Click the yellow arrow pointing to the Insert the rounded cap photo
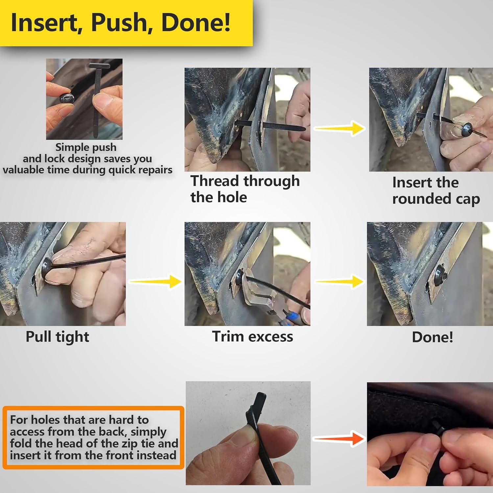click(340, 128)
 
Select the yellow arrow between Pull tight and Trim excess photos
click(155, 281)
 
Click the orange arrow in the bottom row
click(339, 438)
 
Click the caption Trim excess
click(252, 337)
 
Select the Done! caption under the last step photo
click(433, 337)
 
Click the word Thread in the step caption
click(215, 181)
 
